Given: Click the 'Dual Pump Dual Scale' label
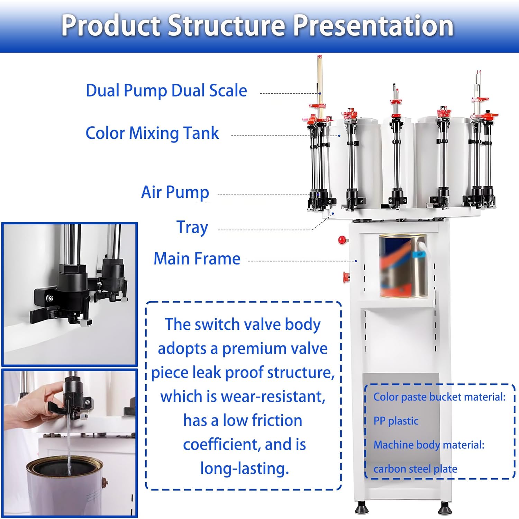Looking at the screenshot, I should [166, 91].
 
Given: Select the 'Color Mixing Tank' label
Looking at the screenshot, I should [152, 133].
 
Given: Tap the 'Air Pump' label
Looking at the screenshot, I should [175, 192].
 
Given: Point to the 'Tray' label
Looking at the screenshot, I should [192, 228].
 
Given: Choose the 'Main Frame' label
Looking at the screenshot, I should [197, 259].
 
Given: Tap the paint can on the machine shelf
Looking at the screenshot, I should [403, 266].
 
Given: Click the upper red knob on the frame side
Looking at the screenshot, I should [342, 240].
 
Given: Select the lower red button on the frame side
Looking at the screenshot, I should [346, 277].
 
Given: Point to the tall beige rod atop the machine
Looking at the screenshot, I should [320, 83].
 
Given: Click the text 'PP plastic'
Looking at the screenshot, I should [396, 421].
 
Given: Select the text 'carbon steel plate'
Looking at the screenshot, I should [415, 469].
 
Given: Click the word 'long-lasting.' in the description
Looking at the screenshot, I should [244, 468].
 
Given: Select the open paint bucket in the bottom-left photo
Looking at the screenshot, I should [66, 484].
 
